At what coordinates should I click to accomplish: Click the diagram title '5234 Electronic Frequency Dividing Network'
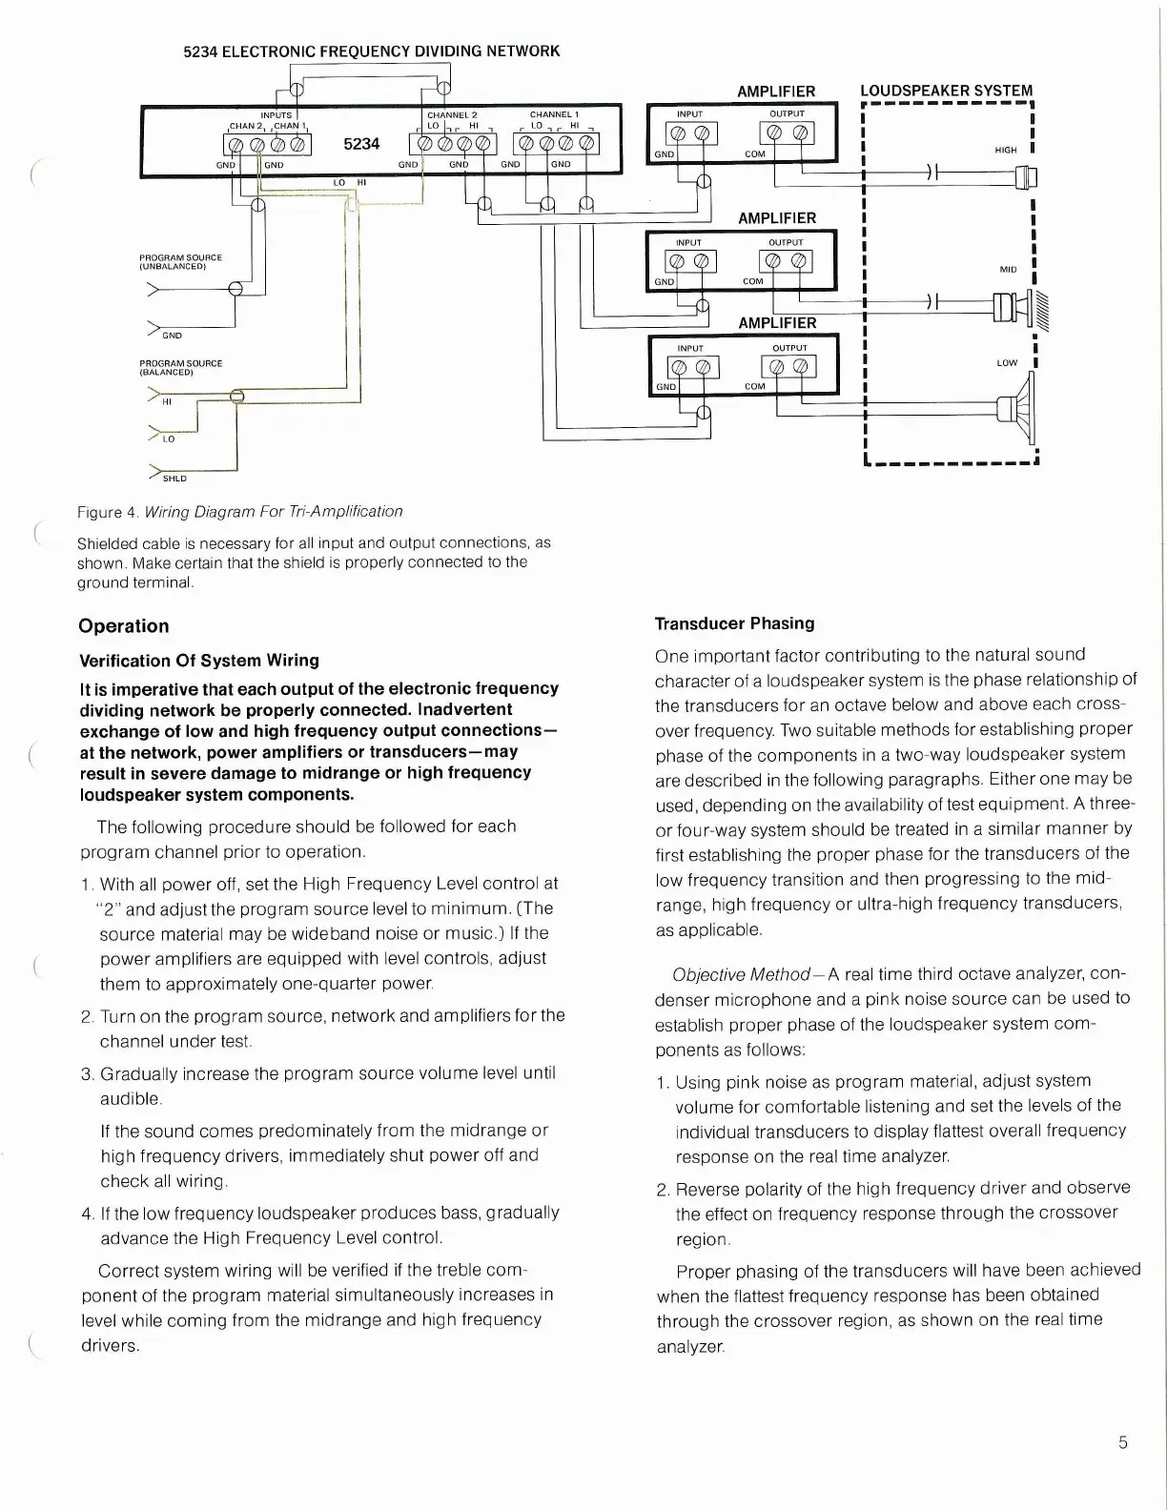point(371,51)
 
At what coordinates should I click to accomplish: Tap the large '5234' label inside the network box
point(361,144)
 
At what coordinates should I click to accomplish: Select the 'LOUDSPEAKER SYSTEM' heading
point(946,91)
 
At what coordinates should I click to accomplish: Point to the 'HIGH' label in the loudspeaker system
point(1006,150)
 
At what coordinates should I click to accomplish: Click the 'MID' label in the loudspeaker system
point(1008,270)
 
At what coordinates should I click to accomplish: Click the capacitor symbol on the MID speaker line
point(932,302)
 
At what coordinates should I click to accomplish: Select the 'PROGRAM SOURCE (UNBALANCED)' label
point(180,262)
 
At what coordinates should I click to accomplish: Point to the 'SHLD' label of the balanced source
point(174,479)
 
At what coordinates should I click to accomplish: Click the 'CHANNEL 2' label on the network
point(452,115)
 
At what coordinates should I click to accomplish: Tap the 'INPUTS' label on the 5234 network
point(276,115)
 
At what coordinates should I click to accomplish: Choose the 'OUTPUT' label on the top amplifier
point(788,113)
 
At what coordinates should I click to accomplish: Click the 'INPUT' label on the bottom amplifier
point(690,348)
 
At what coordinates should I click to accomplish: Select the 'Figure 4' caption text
point(239,512)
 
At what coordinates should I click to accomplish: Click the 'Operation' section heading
point(124,626)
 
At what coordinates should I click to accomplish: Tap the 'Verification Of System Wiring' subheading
point(199,661)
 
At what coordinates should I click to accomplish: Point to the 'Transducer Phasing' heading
point(734,623)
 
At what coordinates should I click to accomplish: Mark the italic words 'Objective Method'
point(741,974)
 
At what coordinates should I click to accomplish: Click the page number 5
point(1123,1442)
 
